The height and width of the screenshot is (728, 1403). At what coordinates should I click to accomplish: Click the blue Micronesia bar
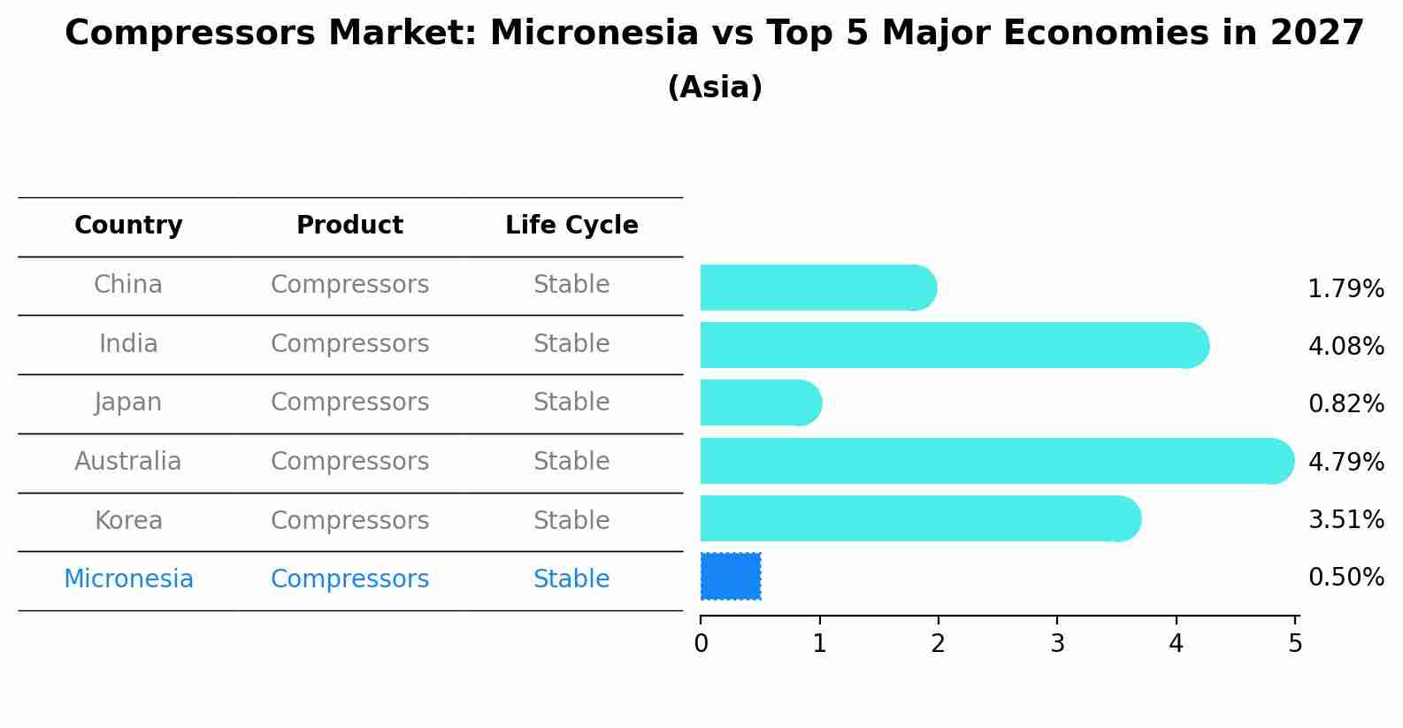[731, 577]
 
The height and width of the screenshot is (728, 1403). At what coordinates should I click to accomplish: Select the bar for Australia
[997, 461]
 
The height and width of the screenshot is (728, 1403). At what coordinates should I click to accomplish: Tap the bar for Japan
[761, 402]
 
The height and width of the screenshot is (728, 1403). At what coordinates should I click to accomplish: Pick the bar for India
[954, 345]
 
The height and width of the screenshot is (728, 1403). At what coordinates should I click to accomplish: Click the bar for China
[818, 287]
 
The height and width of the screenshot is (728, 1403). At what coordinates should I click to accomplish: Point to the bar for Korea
[921, 518]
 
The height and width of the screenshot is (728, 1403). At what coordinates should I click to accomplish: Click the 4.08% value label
[1346, 346]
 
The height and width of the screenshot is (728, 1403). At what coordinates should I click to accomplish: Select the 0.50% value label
[1346, 577]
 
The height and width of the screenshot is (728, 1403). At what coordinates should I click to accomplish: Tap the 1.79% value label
[1346, 289]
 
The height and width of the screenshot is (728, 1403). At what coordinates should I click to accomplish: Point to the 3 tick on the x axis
[1057, 620]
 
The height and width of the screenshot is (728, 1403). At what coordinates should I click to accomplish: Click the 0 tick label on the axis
[701, 643]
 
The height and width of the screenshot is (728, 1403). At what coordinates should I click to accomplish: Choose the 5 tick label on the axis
[1295, 643]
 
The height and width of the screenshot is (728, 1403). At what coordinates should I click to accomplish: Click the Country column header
[128, 225]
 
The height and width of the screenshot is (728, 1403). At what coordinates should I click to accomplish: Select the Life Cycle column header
[571, 225]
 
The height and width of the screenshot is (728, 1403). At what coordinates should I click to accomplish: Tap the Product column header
[349, 225]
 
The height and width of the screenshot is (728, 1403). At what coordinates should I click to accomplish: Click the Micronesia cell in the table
[128, 579]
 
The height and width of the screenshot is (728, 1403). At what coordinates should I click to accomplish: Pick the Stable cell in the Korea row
[571, 520]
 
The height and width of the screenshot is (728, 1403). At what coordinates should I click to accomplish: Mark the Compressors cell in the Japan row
[349, 402]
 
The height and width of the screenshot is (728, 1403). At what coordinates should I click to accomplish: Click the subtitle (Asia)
[715, 87]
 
